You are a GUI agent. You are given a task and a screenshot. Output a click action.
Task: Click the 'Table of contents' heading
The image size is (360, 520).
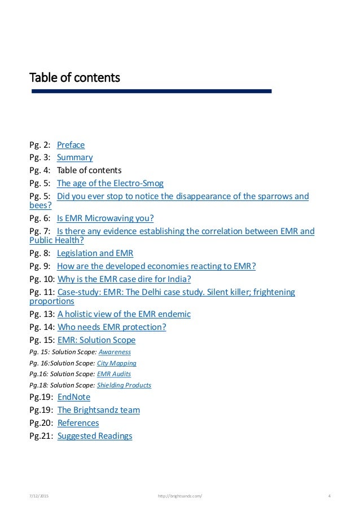(74, 76)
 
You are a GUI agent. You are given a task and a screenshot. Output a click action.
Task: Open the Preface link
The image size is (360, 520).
(71, 145)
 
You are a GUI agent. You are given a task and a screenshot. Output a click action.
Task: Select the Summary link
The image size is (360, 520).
(74, 157)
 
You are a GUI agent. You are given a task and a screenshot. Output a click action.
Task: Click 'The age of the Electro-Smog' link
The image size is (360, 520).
(110, 183)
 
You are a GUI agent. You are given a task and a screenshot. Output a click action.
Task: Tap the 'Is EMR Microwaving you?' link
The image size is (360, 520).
(105, 218)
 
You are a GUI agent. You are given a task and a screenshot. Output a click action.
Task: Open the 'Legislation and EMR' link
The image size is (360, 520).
(95, 253)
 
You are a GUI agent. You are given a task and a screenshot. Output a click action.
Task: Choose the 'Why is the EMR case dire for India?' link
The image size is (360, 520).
(124, 279)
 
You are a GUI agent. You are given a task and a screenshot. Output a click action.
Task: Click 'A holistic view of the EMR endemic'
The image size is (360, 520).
(124, 314)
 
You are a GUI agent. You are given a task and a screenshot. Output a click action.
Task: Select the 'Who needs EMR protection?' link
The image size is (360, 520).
(112, 327)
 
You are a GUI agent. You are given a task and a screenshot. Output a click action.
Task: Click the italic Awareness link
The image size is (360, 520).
(114, 351)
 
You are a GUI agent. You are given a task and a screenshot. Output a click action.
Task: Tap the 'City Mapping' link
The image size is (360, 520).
(116, 363)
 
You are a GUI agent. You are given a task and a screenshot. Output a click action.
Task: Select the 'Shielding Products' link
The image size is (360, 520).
(124, 385)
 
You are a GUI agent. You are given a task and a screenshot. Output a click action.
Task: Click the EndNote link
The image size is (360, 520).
(74, 397)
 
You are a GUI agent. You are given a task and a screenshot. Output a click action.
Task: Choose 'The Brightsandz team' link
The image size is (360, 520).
(98, 410)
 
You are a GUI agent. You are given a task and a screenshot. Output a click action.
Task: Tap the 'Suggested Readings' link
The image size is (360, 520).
(94, 435)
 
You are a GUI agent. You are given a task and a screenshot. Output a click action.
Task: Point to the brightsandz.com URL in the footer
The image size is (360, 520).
(179, 496)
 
